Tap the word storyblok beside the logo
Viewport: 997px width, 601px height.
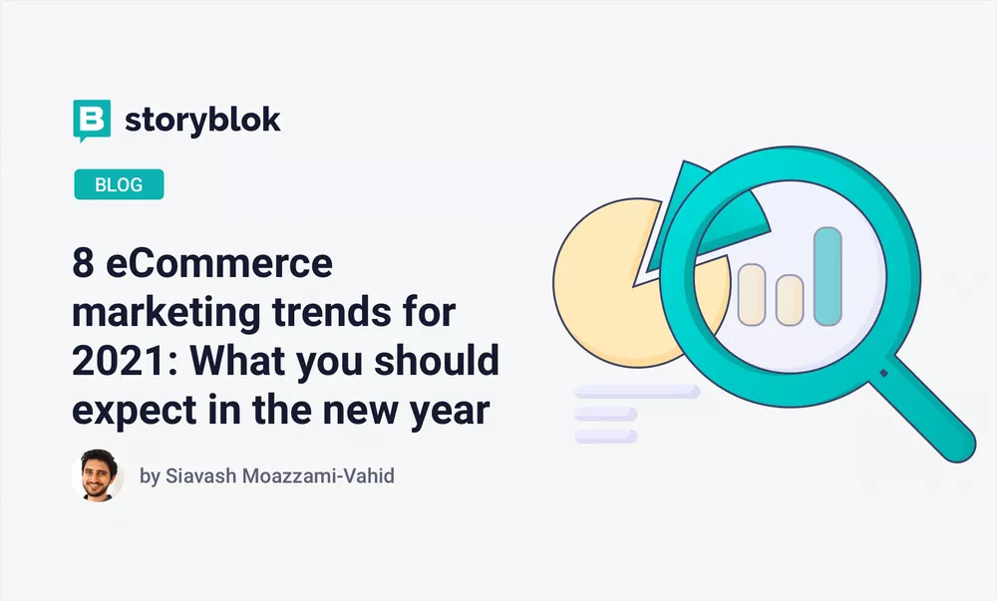(x=202, y=120)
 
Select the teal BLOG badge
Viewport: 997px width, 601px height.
(x=119, y=184)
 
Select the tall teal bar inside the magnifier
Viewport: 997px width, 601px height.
(x=828, y=277)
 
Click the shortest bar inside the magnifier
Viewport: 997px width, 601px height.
(x=790, y=300)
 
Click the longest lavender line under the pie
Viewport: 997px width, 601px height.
(x=637, y=392)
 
